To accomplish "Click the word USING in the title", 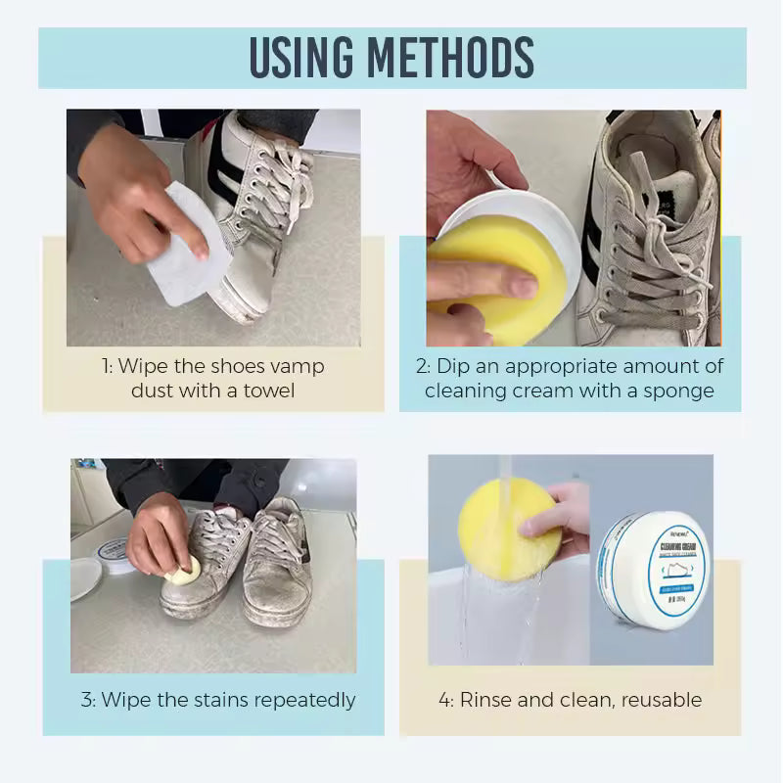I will (312, 58).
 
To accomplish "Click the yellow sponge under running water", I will (508, 529).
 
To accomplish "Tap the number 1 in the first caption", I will (106, 366).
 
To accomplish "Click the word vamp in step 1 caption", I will (297, 366).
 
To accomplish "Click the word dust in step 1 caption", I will (156, 390).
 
